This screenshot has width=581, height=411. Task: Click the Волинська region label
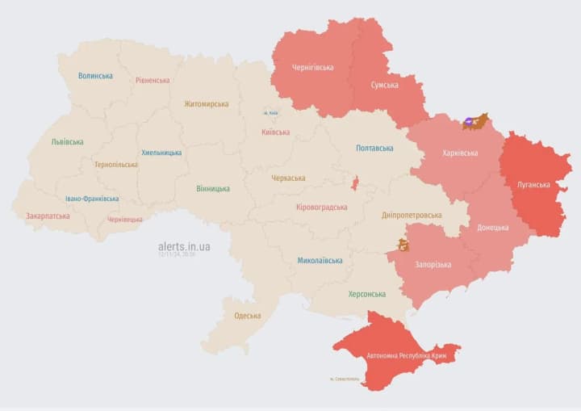(95, 76)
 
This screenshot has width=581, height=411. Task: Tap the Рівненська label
(153, 80)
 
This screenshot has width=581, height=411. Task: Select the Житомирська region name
(206, 103)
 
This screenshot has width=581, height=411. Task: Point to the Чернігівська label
(312, 67)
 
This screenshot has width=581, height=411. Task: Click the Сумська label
(384, 85)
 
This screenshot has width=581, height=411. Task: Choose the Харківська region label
(460, 153)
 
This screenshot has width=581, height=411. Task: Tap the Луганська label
(533, 184)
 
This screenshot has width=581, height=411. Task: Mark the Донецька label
(492, 228)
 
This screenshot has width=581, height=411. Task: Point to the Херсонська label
(366, 294)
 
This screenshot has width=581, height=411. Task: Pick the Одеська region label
(247, 316)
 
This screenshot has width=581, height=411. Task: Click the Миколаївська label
(320, 260)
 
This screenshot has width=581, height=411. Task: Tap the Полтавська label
(374, 148)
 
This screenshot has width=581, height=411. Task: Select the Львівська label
(67, 141)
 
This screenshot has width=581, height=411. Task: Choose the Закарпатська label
(48, 216)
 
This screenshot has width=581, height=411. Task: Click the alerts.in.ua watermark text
(184, 246)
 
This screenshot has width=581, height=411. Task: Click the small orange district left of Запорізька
(402, 245)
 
